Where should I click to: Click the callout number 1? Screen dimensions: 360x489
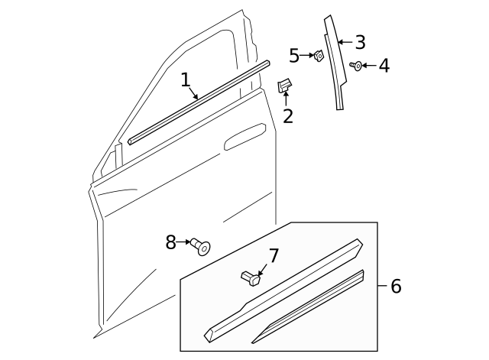click(185, 80)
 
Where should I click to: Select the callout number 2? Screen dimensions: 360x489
click(288, 116)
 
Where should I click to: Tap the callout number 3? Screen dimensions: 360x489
click(360, 42)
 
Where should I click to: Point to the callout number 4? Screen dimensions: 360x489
click(384, 66)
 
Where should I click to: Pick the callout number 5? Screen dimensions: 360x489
click(294, 56)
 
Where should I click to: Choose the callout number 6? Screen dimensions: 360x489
click(395, 287)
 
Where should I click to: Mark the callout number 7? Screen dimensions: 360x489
click(274, 256)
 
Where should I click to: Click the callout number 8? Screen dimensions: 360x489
click(171, 242)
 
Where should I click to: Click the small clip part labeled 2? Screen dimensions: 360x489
click(283, 86)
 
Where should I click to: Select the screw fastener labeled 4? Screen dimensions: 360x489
click(356, 66)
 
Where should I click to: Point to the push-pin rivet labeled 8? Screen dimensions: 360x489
click(202, 246)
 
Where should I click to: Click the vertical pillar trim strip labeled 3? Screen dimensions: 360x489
click(335, 65)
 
